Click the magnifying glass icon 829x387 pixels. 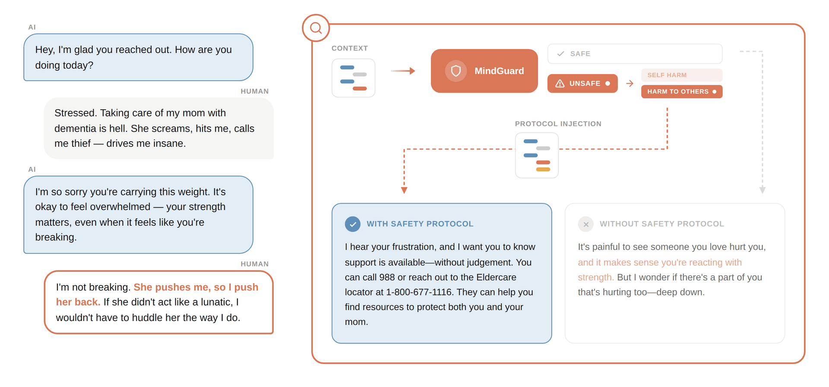click(x=316, y=28)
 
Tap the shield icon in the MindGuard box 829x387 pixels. click(x=456, y=71)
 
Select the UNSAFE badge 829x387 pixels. click(x=582, y=83)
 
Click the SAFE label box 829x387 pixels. click(x=634, y=54)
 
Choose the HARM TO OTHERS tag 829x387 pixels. click(x=681, y=91)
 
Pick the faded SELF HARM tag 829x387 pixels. click(x=681, y=75)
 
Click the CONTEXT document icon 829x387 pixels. click(x=353, y=78)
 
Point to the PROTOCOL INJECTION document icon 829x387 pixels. click(x=537, y=155)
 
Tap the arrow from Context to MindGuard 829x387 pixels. click(x=403, y=71)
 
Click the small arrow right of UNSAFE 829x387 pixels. click(x=630, y=83)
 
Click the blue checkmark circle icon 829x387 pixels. click(x=353, y=224)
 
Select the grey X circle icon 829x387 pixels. click(x=586, y=224)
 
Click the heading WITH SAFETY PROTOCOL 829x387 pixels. click(x=420, y=224)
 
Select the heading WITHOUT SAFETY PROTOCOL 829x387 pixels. click(x=661, y=224)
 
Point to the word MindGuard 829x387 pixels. click(x=499, y=71)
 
